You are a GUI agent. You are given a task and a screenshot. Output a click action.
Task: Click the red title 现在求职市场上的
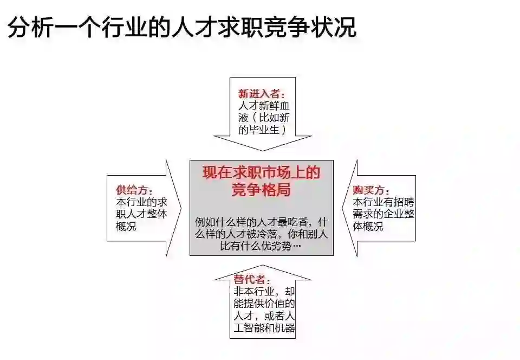tap(261, 173)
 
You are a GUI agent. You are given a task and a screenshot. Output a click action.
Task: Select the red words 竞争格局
tap(261, 190)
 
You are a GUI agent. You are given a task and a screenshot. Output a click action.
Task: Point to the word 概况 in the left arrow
tap(126, 226)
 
